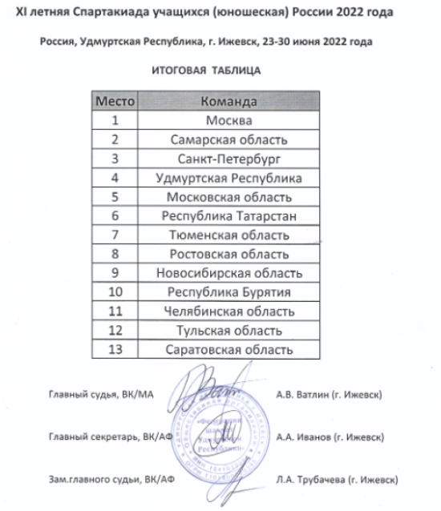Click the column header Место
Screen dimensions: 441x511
(x=115, y=103)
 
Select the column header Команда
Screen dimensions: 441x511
(x=229, y=103)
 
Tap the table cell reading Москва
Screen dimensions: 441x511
(x=229, y=122)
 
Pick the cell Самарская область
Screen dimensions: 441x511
(x=229, y=140)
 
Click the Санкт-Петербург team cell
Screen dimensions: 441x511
(x=229, y=159)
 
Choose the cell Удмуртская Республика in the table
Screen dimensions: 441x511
(x=229, y=178)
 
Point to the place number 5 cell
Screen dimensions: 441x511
(x=115, y=197)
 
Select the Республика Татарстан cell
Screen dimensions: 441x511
(x=229, y=216)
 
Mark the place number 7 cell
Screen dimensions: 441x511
(x=115, y=235)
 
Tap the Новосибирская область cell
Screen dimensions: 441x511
(x=229, y=273)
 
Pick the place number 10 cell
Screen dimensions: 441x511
(x=115, y=292)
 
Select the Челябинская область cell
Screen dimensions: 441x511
(x=229, y=312)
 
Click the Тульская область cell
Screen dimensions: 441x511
(x=229, y=331)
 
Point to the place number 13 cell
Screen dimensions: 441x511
(x=115, y=350)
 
